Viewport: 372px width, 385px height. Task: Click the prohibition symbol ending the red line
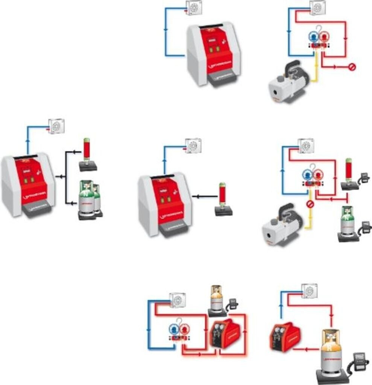pos(352,67)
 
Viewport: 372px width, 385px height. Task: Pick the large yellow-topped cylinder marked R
pos(331,353)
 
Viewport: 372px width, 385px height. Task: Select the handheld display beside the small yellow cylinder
pos(233,303)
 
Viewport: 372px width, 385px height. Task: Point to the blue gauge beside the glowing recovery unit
pos(174,330)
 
